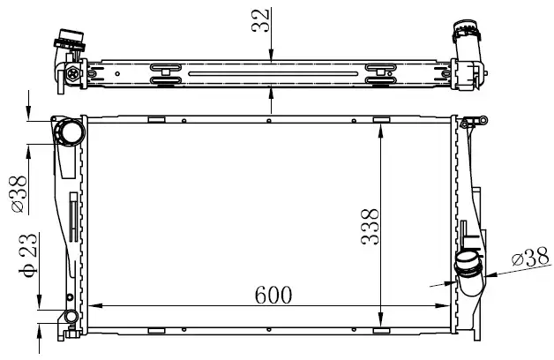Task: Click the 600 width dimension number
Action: (x=273, y=295)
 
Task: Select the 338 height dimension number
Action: (x=370, y=227)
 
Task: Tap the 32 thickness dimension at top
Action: (x=260, y=20)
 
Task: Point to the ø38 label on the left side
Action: (x=19, y=194)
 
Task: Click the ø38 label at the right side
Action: (x=531, y=257)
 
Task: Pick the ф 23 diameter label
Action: (x=27, y=255)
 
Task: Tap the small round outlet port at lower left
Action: (x=71, y=316)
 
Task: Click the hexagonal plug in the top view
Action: (x=73, y=73)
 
